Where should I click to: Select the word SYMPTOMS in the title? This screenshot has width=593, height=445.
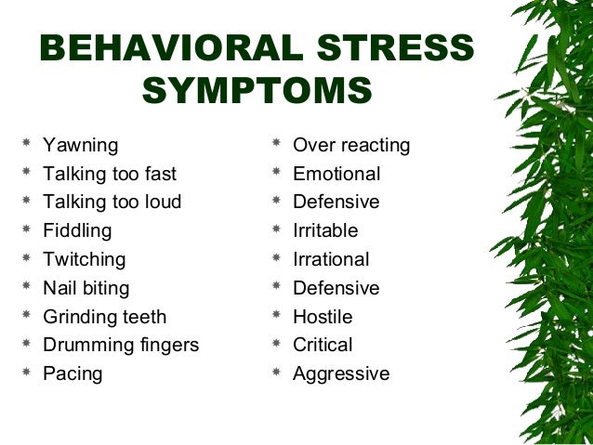click(257, 92)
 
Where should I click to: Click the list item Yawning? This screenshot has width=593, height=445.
click(81, 146)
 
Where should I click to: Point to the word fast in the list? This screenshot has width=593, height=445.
click(158, 174)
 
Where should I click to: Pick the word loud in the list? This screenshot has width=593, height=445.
click(161, 202)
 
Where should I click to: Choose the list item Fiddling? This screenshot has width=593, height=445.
click(77, 230)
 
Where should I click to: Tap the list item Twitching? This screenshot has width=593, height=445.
click(84, 259)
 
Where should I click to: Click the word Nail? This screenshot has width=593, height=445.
click(59, 288)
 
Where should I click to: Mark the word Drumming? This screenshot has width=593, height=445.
click(86, 346)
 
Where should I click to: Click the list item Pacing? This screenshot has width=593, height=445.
click(72, 374)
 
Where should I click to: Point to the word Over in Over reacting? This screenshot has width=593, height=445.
click(312, 146)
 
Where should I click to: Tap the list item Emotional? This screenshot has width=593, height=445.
click(336, 174)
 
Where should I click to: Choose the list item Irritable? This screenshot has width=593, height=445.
click(325, 230)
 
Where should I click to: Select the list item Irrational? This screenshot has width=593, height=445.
click(331, 259)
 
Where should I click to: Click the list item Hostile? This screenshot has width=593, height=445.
click(323, 317)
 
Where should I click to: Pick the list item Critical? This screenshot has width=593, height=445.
click(323, 346)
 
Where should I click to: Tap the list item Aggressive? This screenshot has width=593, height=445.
click(341, 374)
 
